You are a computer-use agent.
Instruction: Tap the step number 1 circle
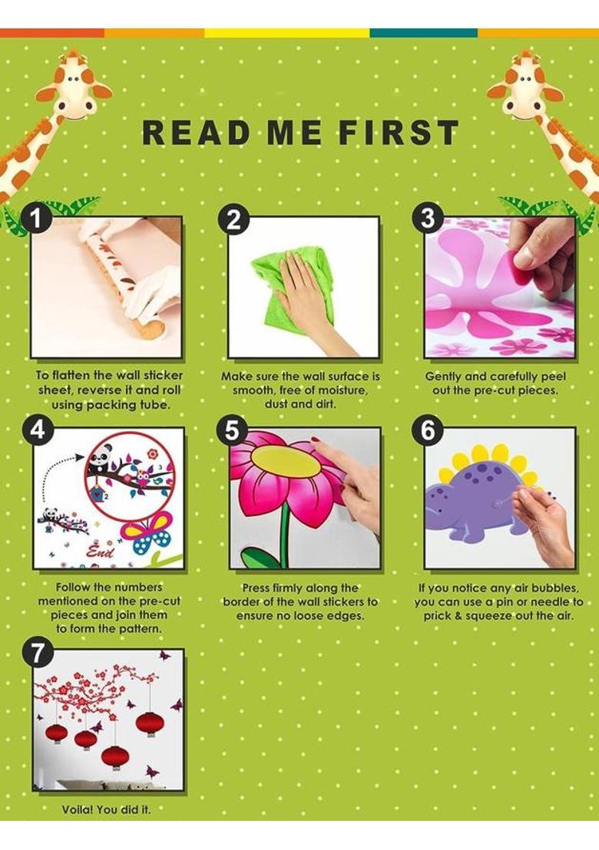pyautogui.click(x=37, y=219)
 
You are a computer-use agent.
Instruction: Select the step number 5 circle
pyautogui.click(x=232, y=431)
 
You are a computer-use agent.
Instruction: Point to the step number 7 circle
pyautogui.click(x=36, y=653)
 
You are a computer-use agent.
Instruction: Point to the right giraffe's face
pyautogui.click(x=525, y=90)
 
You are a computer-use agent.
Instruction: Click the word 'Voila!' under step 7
pyautogui.click(x=77, y=809)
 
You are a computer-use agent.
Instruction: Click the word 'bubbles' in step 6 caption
pyautogui.click(x=555, y=588)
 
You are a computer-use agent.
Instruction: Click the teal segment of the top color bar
pyautogui.click(x=424, y=33)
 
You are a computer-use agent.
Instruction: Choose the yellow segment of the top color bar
pyautogui.click(x=287, y=33)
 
